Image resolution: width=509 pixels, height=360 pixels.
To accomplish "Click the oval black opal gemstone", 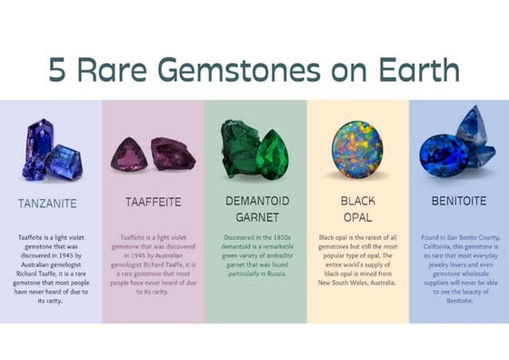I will click(x=356, y=147).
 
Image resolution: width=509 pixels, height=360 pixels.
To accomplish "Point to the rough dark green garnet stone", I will click(x=238, y=145).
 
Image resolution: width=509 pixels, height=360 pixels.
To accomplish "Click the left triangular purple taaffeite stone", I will click(x=129, y=154).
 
